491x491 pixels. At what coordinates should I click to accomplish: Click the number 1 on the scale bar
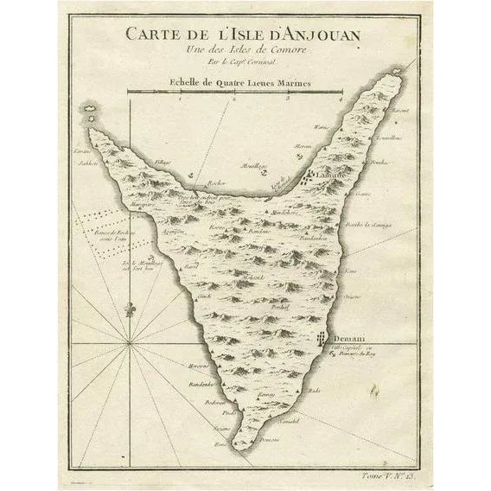coord(180,100)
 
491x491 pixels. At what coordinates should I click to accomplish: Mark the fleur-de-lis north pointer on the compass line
coord(130,309)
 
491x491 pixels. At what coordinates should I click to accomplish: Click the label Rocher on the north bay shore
coord(215,184)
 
